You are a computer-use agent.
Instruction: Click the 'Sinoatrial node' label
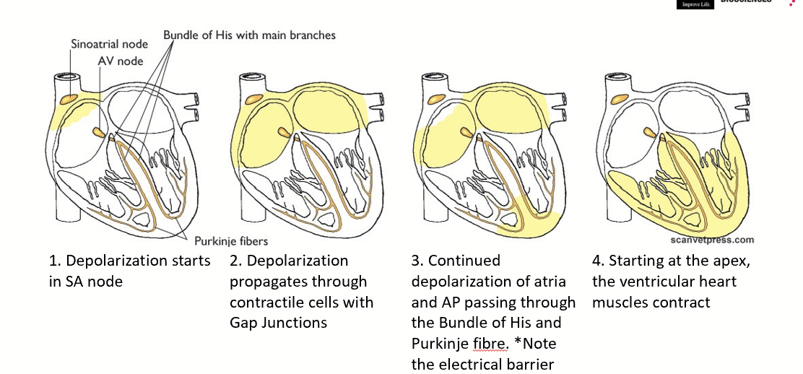[x=109, y=44]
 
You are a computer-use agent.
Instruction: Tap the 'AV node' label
[x=121, y=61]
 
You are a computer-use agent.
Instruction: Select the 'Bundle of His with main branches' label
[x=249, y=35]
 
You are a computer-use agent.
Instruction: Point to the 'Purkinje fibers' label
[x=231, y=241]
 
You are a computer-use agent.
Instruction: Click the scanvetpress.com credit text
[x=707, y=240]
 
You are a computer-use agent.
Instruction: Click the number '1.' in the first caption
[x=55, y=261]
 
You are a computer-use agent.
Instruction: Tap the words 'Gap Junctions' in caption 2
[x=278, y=323]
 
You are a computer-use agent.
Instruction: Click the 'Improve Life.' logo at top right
[x=694, y=4]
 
